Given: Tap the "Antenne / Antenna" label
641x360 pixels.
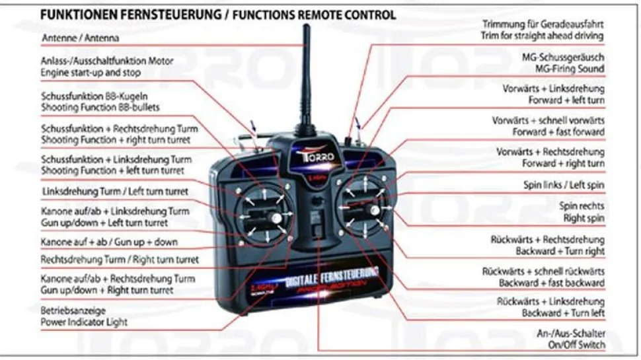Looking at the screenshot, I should click(x=80, y=38).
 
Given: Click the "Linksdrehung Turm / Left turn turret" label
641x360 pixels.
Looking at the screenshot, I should click(x=114, y=191).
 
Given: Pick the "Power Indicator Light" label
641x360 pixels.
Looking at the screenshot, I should click(x=84, y=322).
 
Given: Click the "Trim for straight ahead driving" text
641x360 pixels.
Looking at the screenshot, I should click(x=542, y=36).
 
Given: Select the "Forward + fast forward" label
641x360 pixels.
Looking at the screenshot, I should click(x=562, y=132).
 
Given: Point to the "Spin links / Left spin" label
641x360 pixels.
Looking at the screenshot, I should click(x=564, y=185).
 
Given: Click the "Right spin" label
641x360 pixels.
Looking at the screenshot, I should click(x=584, y=217).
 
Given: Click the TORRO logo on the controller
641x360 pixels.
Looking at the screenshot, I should click(x=306, y=159).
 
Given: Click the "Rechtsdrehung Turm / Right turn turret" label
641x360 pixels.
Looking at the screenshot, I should click(x=120, y=260).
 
